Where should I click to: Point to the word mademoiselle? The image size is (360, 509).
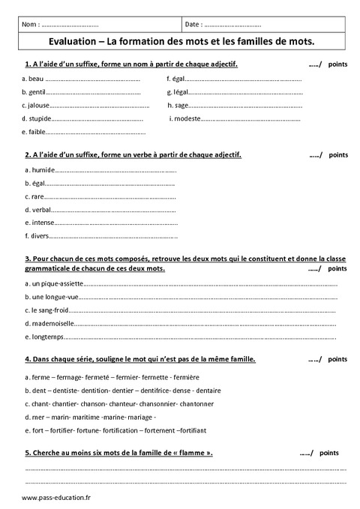[x=50, y=324]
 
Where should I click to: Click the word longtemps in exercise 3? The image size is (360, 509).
[x=46, y=337]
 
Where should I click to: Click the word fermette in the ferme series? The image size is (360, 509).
[x=154, y=377]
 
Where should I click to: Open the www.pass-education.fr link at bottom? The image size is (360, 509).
[x=51, y=498]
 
